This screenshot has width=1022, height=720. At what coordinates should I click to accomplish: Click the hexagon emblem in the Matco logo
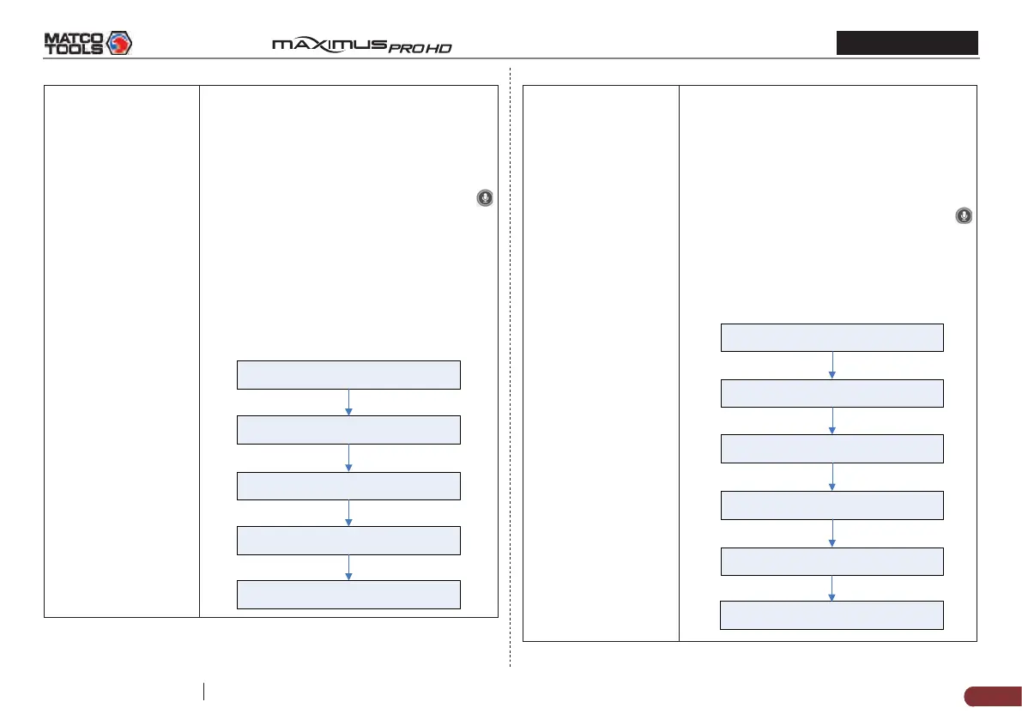[118, 42]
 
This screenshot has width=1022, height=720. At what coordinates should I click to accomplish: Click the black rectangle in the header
[908, 43]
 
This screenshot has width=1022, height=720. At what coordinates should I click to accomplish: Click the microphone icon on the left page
[485, 198]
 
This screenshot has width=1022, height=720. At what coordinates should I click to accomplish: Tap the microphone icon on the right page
[965, 216]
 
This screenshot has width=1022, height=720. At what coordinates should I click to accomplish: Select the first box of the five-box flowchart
[348, 375]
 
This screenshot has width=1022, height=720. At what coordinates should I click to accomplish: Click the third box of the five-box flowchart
[348, 486]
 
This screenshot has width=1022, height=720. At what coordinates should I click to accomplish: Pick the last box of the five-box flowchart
[348, 594]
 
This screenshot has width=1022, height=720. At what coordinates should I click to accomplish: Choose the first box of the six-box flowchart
[832, 337]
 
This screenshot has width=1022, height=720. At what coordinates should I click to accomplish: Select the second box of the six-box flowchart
[832, 393]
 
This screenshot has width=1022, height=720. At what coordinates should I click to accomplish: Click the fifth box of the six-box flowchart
[832, 561]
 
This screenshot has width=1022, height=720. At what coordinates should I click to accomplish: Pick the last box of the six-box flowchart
[832, 615]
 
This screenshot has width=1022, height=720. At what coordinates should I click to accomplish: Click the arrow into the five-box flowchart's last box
[348, 567]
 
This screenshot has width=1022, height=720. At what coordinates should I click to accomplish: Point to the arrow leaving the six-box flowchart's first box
[832, 365]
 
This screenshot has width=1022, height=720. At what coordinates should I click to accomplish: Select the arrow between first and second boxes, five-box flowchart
[348, 402]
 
